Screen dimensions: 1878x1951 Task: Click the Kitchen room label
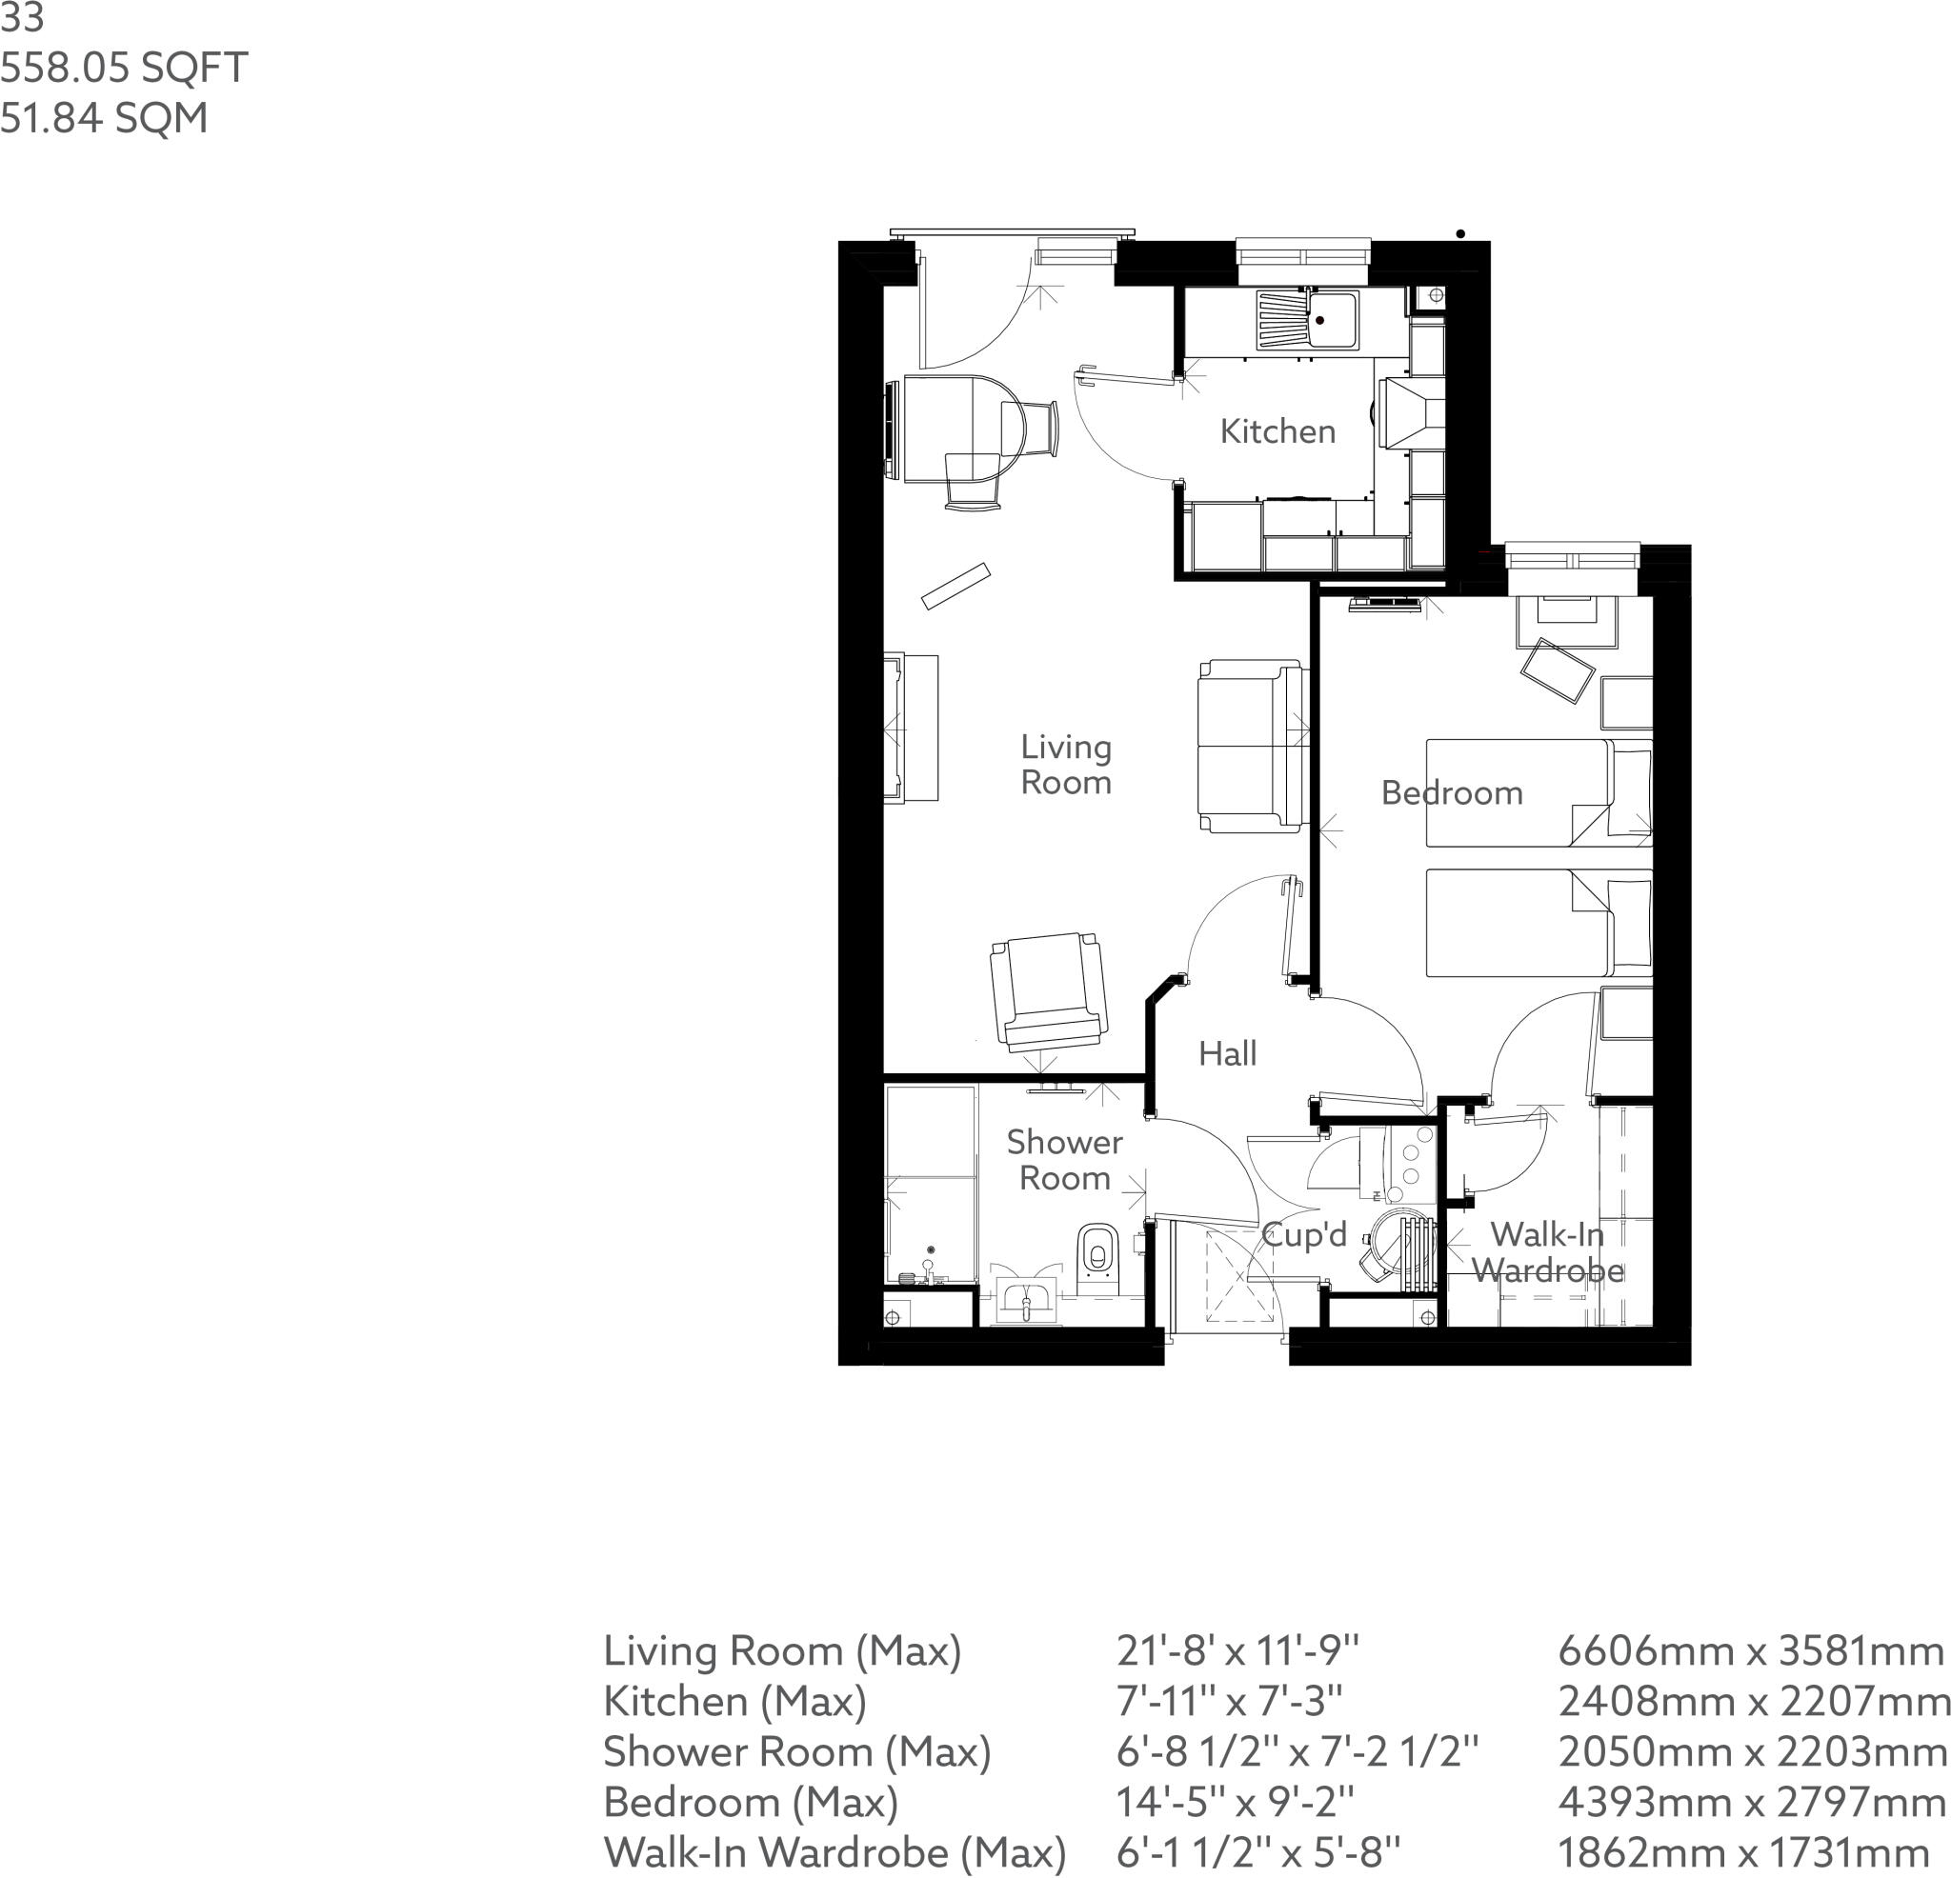1277,432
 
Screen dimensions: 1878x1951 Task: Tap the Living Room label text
1065,765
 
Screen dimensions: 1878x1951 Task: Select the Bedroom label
1451,793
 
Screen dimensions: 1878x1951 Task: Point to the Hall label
1226,1054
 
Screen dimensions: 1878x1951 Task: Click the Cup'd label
1304,1235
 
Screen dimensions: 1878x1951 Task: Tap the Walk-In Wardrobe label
1547,1252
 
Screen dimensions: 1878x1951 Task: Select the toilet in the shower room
1096,1251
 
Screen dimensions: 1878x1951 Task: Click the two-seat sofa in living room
1251,746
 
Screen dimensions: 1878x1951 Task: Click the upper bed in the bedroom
1537,792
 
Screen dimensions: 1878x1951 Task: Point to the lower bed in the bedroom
1537,923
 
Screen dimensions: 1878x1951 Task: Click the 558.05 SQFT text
124,68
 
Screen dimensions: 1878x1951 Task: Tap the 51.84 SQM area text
104,117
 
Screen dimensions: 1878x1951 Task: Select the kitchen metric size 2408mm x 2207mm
1752,1701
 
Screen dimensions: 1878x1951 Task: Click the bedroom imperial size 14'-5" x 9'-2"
1235,1802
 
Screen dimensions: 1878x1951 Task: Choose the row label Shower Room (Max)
796,1751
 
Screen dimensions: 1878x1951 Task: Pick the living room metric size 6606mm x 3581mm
1750,1651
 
